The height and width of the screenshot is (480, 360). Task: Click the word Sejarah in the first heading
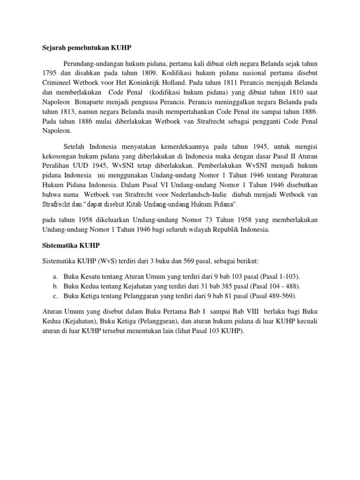(50, 47)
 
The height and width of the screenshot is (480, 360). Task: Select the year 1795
(45, 73)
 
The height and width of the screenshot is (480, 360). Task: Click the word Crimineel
(53, 82)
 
